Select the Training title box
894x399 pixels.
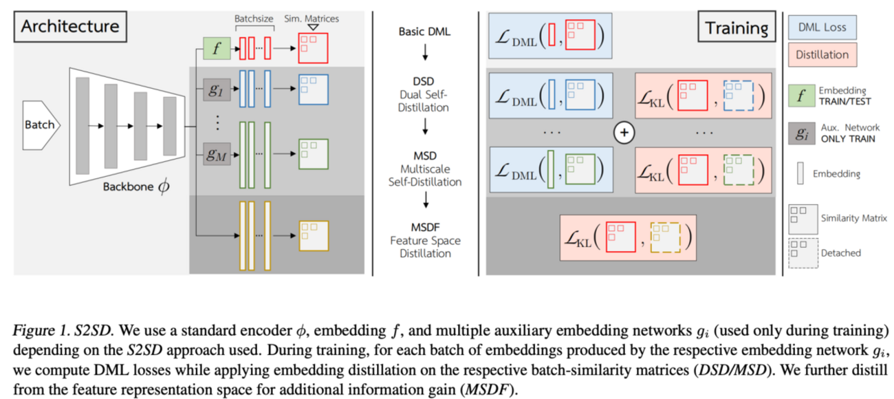pos(736,28)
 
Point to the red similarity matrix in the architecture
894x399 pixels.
pos(314,48)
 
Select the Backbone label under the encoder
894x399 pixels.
pos(130,188)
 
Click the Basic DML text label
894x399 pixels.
pos(424,32)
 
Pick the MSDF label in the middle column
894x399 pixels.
pos(424,228)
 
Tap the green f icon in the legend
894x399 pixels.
pos(800,96)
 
